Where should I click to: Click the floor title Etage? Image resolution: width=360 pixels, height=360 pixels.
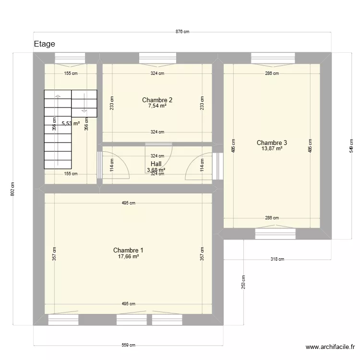(44, 44)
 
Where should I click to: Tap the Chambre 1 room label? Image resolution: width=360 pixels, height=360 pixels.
(128, 250)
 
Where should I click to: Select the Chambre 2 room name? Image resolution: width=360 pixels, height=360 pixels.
(157, 100)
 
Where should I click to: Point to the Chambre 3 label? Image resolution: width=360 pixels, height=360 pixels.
(272, 143)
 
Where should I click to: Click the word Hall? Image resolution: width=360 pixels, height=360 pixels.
(156, 164)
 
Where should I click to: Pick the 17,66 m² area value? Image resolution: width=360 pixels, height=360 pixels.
(128, 257)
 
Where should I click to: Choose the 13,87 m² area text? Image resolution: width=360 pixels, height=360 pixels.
(272, 149)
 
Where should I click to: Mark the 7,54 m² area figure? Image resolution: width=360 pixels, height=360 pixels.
(157, 106)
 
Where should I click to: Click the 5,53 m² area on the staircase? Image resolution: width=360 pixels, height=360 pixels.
(70, 123)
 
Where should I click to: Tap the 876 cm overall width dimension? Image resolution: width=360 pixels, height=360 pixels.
(182, 32)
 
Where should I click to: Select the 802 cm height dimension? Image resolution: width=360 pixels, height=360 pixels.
(13, 189)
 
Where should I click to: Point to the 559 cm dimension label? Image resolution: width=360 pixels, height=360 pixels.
(128, 345)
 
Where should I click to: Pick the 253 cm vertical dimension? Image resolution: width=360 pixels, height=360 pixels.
(243, 282)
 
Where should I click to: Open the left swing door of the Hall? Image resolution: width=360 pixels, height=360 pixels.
(115, 166)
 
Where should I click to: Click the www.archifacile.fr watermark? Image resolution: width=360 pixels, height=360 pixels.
(330, 347)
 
